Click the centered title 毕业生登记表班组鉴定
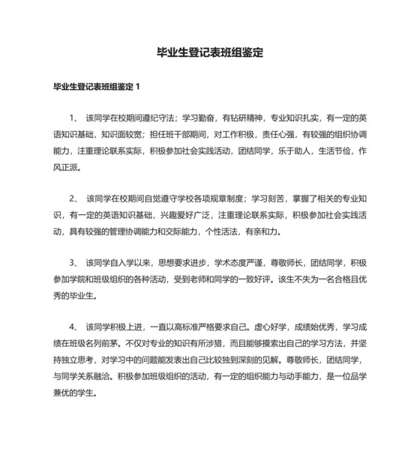(209, 53)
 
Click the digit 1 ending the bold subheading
(138, 88)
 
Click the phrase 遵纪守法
(157, 118)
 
